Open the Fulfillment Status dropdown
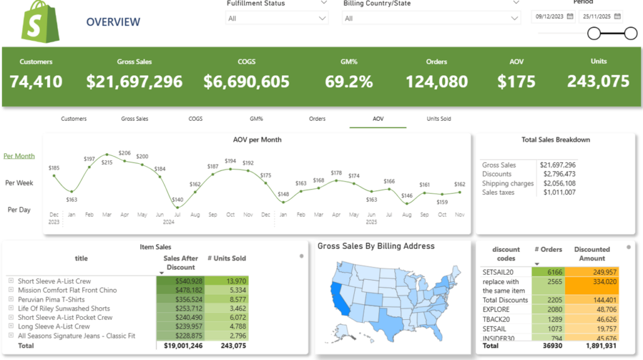(276, 18)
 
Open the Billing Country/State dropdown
(431, 18)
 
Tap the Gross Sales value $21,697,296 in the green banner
(134, 82)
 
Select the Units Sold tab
(438, 119)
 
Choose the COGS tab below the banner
(195, 119)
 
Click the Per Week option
(19, 183)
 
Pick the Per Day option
(19, 209)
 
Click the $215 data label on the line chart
(107, 163)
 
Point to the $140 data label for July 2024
(177, 199)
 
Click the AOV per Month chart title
(257, 139)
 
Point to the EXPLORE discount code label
(496, 310)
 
